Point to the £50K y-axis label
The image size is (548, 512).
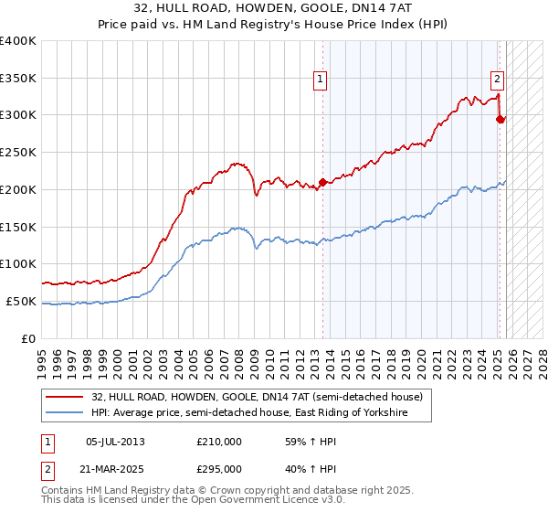[x=21, y=301]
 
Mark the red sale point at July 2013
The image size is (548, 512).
[x=322, y=182]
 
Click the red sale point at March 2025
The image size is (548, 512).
[x=501, y=118]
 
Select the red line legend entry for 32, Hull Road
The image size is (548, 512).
[x=257, y=398]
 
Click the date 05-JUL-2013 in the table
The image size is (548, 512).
[x=115, y=442]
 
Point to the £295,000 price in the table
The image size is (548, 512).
[x=219, y=468]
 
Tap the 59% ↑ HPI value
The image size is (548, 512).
[x=304, y=442]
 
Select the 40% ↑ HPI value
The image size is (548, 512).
[x=304, y=468]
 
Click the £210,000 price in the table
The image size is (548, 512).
[x=219, y=442]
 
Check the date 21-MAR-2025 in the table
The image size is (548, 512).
[x=115, y=468]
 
